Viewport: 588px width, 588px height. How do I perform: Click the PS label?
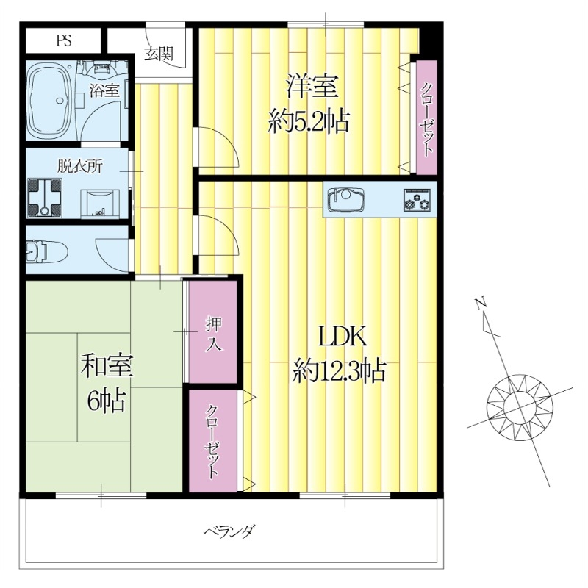tap(63, 40)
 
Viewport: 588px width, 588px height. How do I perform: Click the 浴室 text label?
tap(104, 91)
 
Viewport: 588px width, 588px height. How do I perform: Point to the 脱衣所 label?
tap(80, 165)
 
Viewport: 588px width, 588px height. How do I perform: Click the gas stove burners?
tap(415, 200)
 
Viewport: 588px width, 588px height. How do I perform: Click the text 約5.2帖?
tap(309, 120)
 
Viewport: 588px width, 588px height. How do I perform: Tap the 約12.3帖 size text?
tap(339, 370)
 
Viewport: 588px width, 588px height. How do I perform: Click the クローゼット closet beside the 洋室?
tap(426, 118)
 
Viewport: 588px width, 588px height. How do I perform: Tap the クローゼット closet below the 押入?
tap(212, 441)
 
